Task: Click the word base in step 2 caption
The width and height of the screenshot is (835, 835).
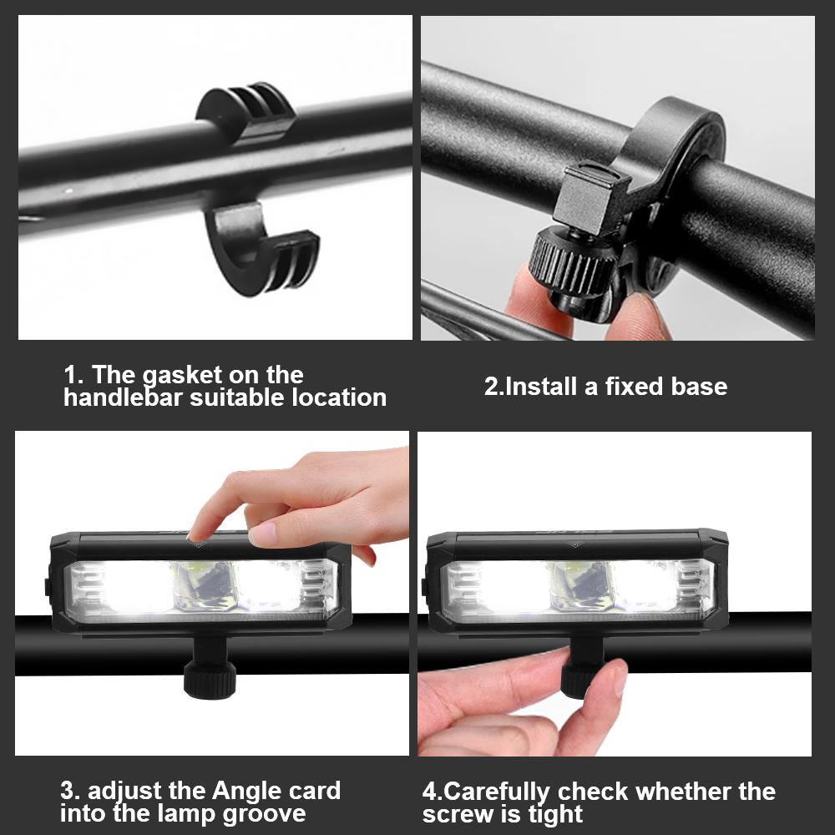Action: coord(699,386)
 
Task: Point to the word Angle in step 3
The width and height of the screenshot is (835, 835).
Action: coord(247,792)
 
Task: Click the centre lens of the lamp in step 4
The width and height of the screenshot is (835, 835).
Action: coord(580,586)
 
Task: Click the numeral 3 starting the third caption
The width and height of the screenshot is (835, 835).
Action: coord(67,792)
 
